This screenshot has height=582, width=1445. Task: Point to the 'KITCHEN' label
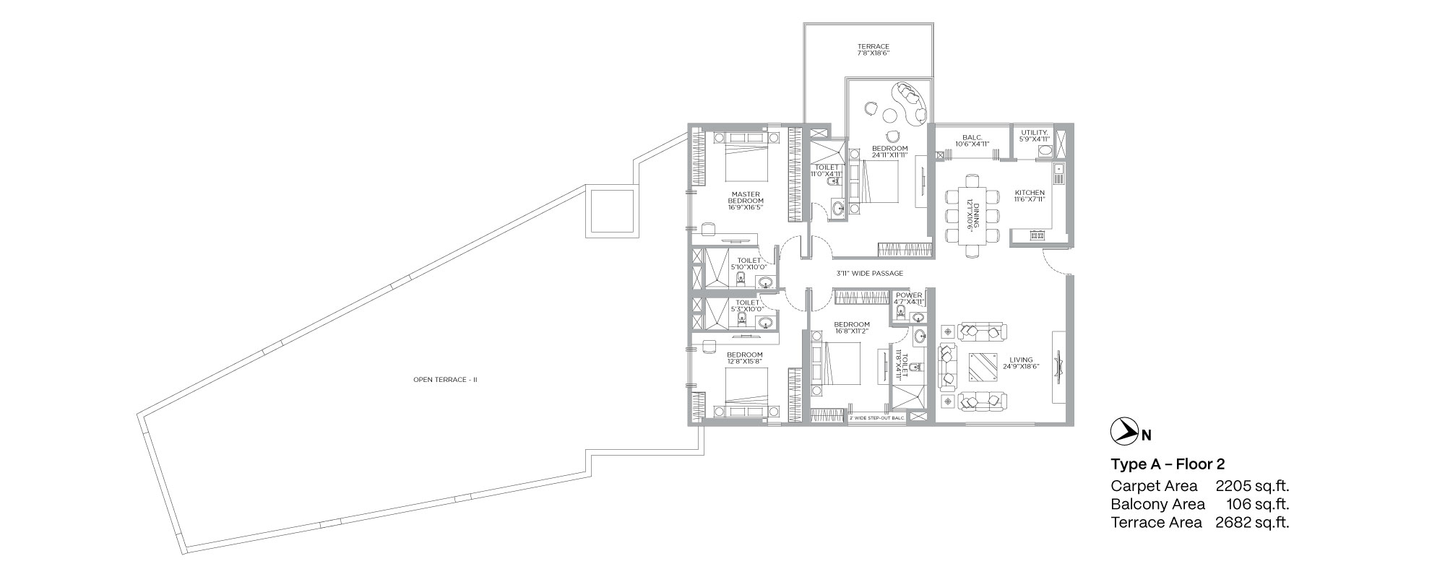(1030, 193)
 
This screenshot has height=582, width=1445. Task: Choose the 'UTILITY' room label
(1035, 133)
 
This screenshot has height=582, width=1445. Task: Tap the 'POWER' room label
(909, 295)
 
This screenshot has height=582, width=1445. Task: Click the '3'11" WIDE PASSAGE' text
(869, 274)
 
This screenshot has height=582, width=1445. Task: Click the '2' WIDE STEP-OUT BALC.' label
(877, 418)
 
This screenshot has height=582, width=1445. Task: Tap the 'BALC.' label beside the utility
(970, 136)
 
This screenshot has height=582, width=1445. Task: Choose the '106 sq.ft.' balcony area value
(1258, 504)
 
